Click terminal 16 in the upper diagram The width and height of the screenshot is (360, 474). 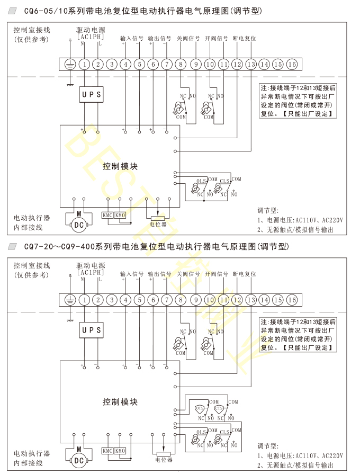[x=292, y=64]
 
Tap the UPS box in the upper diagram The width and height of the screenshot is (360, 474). [x=91, y=94]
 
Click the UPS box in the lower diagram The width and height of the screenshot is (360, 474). [x=91, y=330]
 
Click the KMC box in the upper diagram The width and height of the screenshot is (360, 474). [x=107, y=216]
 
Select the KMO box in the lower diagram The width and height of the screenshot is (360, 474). [x=120, y=451]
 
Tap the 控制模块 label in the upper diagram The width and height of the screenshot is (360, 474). [x=120, y=166]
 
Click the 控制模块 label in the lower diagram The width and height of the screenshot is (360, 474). [x=120, y=402]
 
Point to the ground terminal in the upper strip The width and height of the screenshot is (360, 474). [x=70, y=64]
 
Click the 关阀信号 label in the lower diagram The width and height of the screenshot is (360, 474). [x=188, y=274]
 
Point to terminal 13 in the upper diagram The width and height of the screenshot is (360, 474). [x=250, y=64]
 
